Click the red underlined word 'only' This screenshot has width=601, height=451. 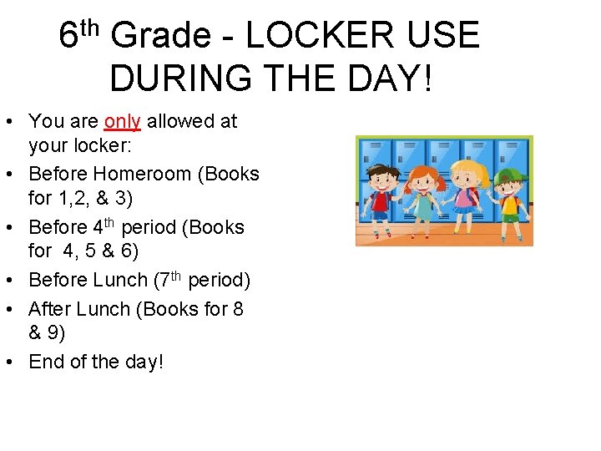123,122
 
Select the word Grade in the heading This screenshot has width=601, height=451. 161,36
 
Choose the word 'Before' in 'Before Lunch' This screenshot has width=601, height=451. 58,280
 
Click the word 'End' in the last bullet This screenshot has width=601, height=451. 46,362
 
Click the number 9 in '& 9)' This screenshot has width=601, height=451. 55,332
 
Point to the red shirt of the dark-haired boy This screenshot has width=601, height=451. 382,200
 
